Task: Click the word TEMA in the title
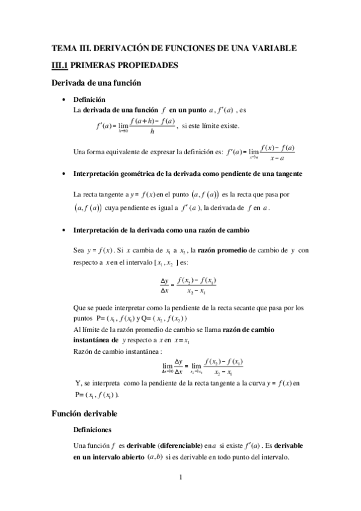click(63, 48)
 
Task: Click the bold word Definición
click(89, 99)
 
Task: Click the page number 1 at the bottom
click(180, 478)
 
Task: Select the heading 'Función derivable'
click(88, 413)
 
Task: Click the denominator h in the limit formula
click(152, 131)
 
